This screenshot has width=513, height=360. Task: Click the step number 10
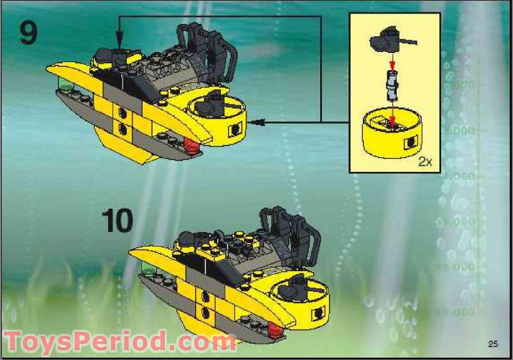[117, 220]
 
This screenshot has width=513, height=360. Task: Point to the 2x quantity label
[425, 162]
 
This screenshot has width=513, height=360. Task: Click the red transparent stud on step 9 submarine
[189, 144]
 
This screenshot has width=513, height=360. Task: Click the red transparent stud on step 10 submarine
[275, 335]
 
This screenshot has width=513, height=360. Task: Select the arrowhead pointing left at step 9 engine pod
[259, 122]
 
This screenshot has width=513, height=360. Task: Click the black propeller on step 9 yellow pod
[209, 105]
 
